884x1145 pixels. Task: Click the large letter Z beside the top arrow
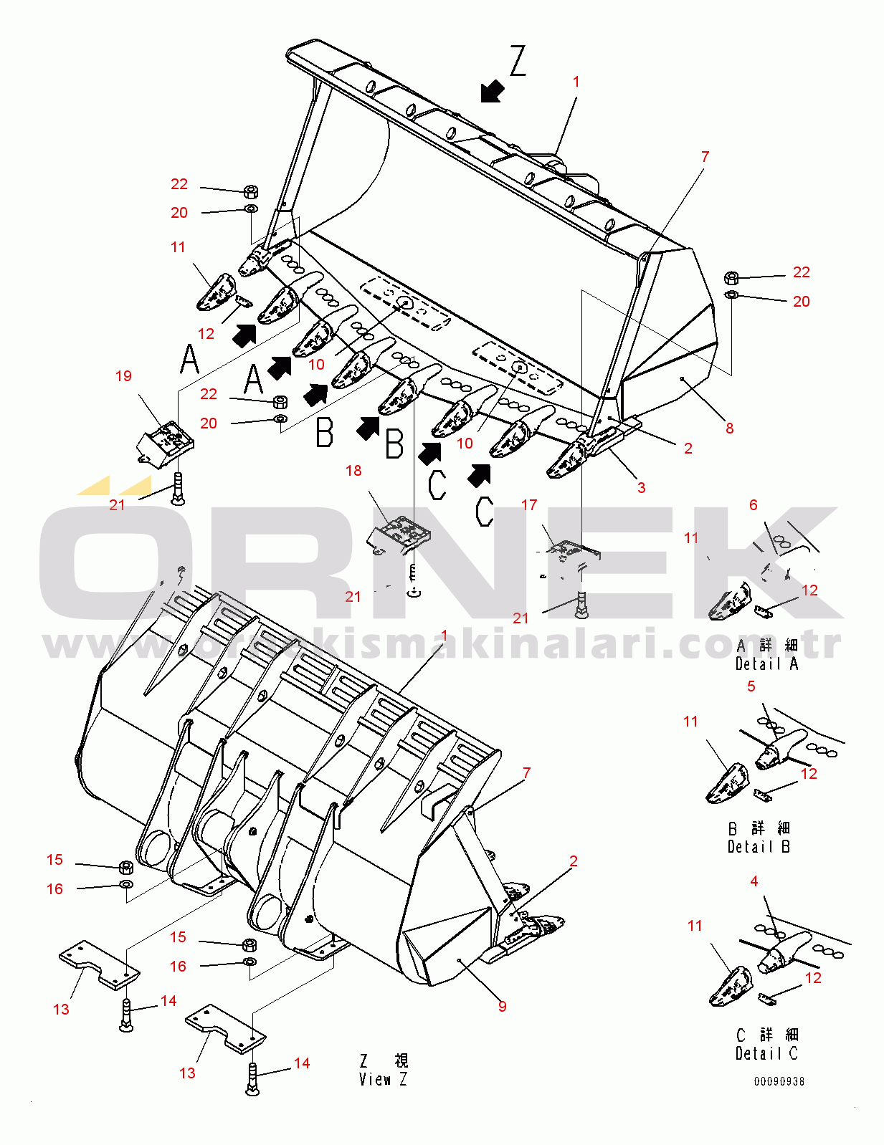click(518, 61)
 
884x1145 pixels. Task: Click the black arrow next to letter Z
click(492, 91)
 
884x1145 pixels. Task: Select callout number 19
click(123, 376)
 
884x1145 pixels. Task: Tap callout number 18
click(353, 471)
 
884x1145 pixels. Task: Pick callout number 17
click(529, 505)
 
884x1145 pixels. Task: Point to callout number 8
click(729, 428)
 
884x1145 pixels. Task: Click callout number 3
click(642, 488)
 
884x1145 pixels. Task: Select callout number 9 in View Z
click(503, 1007)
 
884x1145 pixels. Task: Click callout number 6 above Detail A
click(754, 505)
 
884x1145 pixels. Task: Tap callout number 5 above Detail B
click(751, 686)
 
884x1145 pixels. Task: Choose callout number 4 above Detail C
click(754, 881)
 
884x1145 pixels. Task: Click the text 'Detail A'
click(766, 664)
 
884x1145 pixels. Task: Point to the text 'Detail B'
click(759, 847)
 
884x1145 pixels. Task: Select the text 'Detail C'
click(766, 1053)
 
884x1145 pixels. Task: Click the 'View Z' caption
click(383, 1079)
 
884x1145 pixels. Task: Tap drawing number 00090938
click(779, 1081)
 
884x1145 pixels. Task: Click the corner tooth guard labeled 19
click(166, 439)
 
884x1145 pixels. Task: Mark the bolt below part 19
click(178, 489)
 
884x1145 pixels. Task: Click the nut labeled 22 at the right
click(731, 278)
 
